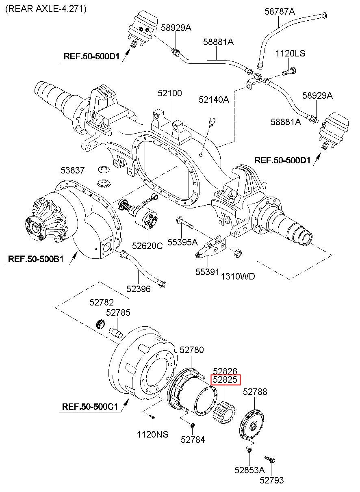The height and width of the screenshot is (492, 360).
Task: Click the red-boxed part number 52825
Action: (x=226, y=380)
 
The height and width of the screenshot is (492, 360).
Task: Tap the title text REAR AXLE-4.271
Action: (x=46, y=9)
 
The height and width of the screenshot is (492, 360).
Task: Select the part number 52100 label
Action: (x=170, y=93)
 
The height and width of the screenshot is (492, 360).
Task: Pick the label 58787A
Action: (x=280, y=12)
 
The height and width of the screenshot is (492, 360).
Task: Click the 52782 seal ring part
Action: (x=100, y=324)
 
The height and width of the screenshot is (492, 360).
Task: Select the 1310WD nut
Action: (x=238, y=254)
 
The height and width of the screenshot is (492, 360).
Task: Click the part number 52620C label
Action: (x=147, y=246)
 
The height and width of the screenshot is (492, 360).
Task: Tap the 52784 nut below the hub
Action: (x=193, y=425)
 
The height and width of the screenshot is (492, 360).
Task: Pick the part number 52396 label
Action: (x=138, y=289)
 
